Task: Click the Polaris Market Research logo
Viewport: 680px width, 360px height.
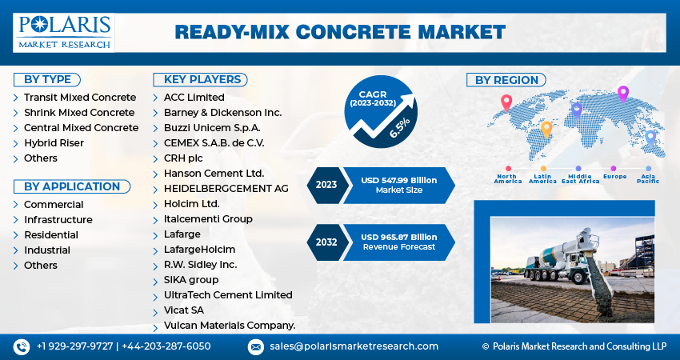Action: [x=63, y=32]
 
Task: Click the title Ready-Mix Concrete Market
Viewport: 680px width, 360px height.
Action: [x=340, y=32]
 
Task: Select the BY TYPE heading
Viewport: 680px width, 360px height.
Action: [x=47, y=79]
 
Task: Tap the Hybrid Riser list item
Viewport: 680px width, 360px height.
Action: [x=54, y=142]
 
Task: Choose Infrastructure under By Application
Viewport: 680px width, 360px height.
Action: [x=58, y=219]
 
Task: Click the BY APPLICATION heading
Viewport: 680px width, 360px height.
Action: [x=71, y=186]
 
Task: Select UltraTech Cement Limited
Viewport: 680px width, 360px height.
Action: [x=228, y=294]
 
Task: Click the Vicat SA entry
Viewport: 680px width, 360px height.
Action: [x=183, y=310]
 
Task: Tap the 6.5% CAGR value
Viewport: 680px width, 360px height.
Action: [x=399, y=127]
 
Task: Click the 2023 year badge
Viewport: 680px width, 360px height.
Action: [x=326, y=185]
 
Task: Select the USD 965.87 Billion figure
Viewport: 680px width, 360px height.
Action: [x=399, y=237]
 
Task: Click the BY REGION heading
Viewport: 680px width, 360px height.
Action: [x=506, y=79]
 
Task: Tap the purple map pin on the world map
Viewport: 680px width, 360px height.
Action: [x=623, y=94]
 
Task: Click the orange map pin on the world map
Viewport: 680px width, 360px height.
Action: [x=546, y=128]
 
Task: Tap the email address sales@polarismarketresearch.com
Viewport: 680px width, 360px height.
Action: [x=354, y=346]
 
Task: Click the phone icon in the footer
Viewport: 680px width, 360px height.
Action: [x=22, y=346]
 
